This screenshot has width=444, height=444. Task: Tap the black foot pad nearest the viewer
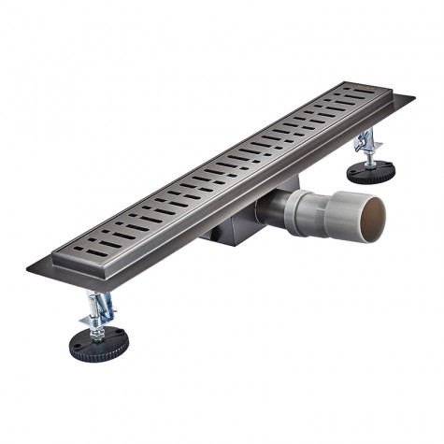[98, 344]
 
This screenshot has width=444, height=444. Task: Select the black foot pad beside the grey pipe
[371, 171]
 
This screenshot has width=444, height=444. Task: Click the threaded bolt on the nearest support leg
[97, 322]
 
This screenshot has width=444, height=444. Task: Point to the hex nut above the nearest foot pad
[97, 329]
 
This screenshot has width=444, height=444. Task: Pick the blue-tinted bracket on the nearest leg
[101, 306]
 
